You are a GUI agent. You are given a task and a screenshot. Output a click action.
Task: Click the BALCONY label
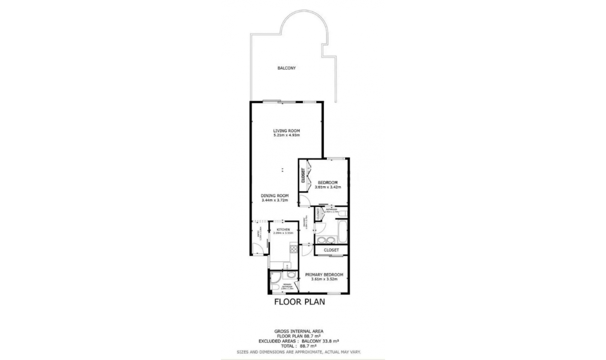(x=286, y=68)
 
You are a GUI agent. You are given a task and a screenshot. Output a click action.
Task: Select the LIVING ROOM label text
(x=286, y=131)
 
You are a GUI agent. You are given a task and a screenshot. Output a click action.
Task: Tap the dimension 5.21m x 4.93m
(x=286, y=135)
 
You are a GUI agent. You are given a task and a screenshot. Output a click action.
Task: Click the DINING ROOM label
(x=275, y=196)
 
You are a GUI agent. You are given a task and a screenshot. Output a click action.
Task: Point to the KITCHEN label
(x=283, y=230)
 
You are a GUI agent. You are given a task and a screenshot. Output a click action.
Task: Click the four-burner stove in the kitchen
(x=294, y=249)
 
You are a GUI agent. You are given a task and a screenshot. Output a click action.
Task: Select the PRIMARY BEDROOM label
(x=324, y=275)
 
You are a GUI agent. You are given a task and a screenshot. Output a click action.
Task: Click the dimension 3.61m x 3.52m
(x=324, y=279)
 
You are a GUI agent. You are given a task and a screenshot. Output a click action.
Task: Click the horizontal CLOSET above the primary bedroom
(x=331, y=250)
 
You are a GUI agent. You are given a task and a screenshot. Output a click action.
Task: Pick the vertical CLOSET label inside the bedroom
(x=303, y=176)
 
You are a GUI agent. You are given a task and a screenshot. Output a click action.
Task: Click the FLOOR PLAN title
(x=299, y=302)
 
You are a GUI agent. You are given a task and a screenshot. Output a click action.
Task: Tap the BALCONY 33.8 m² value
(x=320, y=341)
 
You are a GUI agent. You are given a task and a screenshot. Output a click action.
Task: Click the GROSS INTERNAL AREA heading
(x=299, y=331)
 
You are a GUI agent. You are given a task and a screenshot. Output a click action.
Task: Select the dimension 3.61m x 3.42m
(x=328, y=187)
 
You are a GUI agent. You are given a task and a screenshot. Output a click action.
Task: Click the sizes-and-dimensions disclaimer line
(x=299, y=352)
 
